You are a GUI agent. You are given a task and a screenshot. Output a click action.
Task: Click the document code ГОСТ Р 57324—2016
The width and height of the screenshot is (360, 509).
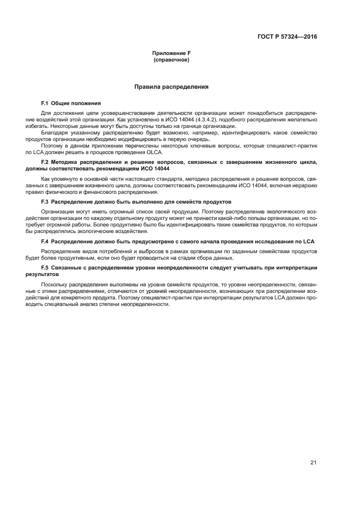pyautogui.click(x=287, y=37)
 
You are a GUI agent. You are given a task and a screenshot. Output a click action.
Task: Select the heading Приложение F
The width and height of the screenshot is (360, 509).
pyautogui.click(x=171, y=53)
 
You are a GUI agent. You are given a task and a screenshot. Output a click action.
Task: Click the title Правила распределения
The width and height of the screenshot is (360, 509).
pyautogui.click(x=171, y=87)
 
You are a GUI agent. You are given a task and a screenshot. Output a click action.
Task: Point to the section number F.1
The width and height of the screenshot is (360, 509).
pyautogui.click(x=45, y=103)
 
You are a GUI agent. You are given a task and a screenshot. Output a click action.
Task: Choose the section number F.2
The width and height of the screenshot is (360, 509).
pyautogui.click(x=45, y=162)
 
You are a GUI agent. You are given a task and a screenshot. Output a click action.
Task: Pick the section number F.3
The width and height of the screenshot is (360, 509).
pyautogui.click(x=45, y=201)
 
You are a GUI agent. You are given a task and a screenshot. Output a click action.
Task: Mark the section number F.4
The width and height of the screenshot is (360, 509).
pyautogui.click(x=45, y=241)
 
